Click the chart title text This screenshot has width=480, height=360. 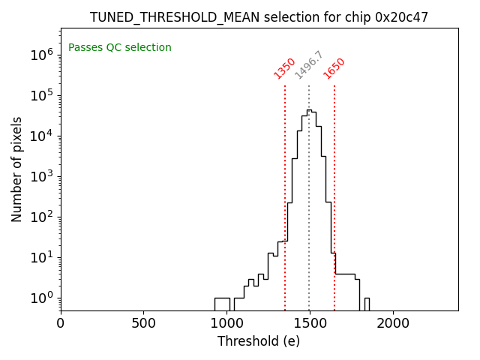click(259, 17)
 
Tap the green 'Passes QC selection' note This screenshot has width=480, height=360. click(120, 47)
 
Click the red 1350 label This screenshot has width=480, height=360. click(285, 68)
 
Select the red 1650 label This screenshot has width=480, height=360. click(334, 68)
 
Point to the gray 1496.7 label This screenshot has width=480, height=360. click(309, 65)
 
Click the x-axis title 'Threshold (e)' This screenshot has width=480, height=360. click(259, 341)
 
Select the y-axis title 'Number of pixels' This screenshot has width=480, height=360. click(17, 169)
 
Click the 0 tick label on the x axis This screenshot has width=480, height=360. click(61, 323)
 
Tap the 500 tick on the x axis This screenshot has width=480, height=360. click(144, 323)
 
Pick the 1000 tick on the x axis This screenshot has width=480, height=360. click(226, 323)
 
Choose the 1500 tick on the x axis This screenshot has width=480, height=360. click(310, 323)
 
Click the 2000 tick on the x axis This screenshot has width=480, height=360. click(393, 323)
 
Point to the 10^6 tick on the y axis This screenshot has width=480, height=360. click(41, 54)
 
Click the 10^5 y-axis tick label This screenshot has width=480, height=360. click(41, 94)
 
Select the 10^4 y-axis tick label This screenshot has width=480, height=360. click(41, 135)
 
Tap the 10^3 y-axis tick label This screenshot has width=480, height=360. click(41, 175)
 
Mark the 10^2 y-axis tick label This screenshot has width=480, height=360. click(41, 216)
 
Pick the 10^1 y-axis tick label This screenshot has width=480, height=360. click(41, 256)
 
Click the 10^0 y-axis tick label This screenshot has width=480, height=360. click(41, 297)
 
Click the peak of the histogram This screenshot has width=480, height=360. click(309, 110)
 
